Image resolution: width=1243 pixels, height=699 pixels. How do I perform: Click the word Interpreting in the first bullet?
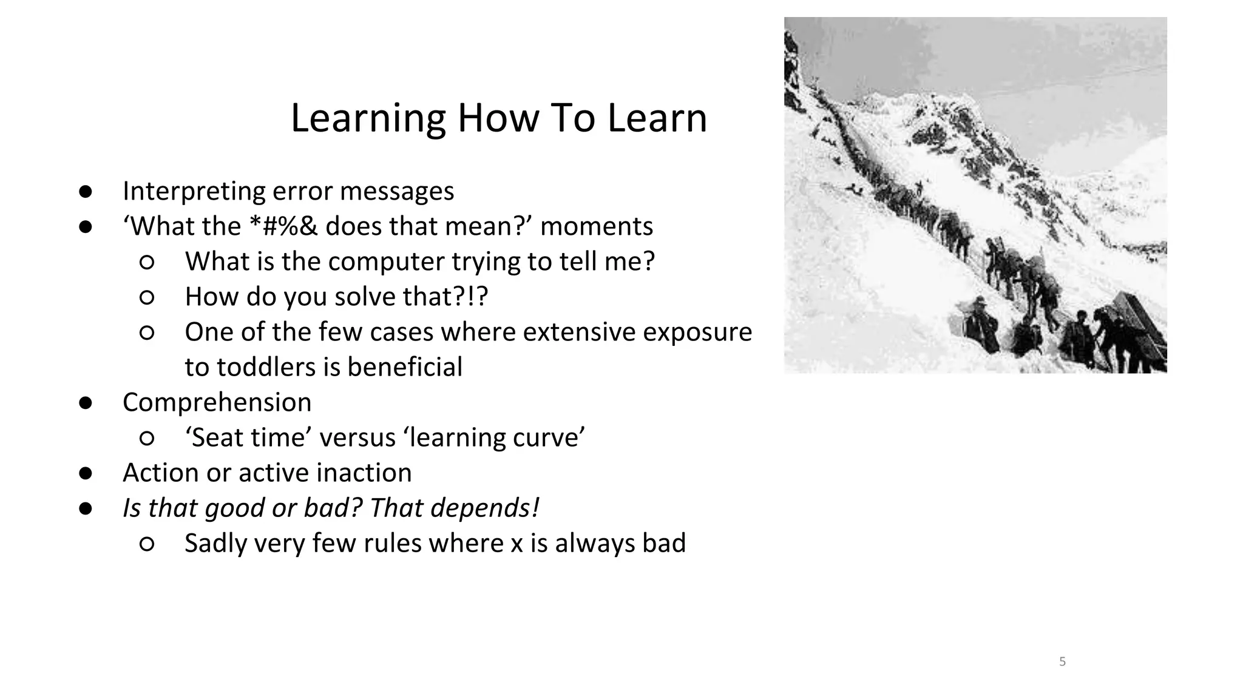(194, 192)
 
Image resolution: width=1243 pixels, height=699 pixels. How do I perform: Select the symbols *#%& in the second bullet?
(283, 226)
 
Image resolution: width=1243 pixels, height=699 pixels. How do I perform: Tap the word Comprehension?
(217, 402)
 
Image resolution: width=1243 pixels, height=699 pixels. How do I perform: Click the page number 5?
(1062, 661)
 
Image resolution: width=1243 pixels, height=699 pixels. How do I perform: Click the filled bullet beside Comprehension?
(85, 403)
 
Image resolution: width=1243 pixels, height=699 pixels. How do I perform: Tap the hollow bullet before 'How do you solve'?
(147, 297)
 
